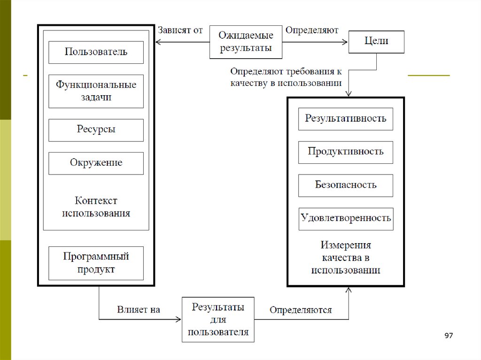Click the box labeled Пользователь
pyautogui.click(x=96, y=52)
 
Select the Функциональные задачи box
pyautogui.click(x=96, y=91)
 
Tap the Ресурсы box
pyautogui.click(x=96, y=130)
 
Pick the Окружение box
pyautogui.click(x=96, y=163)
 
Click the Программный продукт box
pyautogui.click(x=96, y=263)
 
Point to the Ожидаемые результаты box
pyautogui.click(x=246, y=42)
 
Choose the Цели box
pyautogui.click(x=376, y=41)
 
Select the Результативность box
pyautogui.click(x=345, y=119)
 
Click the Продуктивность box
pyautogui.click(x=345, y=152)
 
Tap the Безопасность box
pyautogui.click(x=345, y=185)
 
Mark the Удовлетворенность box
pyautogui.click(x=346, y=219)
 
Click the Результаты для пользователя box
pyautogui.click(x=218, y=320)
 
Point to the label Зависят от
pyautogui.click(x=180, y=31)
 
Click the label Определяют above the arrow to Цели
pyautogui.click(x=312, y=31)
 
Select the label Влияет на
pyautogui.click(x=139, y=310)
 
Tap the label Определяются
pyautogui.click(x=301, y=310)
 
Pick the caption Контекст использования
pyautogui.click(x=96, y=207)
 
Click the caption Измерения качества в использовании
pyautogui.click(x=346, y=258)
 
